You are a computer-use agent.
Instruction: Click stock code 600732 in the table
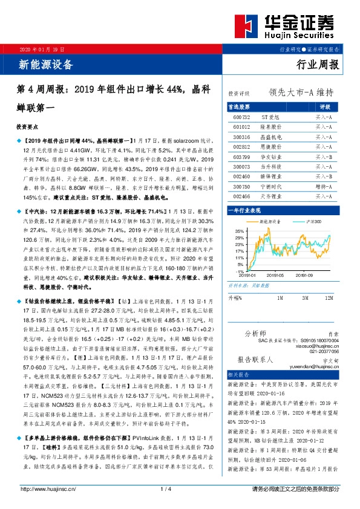[x=241, y=116]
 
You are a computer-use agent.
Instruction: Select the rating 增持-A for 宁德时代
[x=323, y=186]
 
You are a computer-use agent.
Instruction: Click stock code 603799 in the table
[x=241, y=156]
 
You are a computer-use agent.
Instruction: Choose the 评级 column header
[x=323, y=106]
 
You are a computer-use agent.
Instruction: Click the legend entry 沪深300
[x=315, y=222]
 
